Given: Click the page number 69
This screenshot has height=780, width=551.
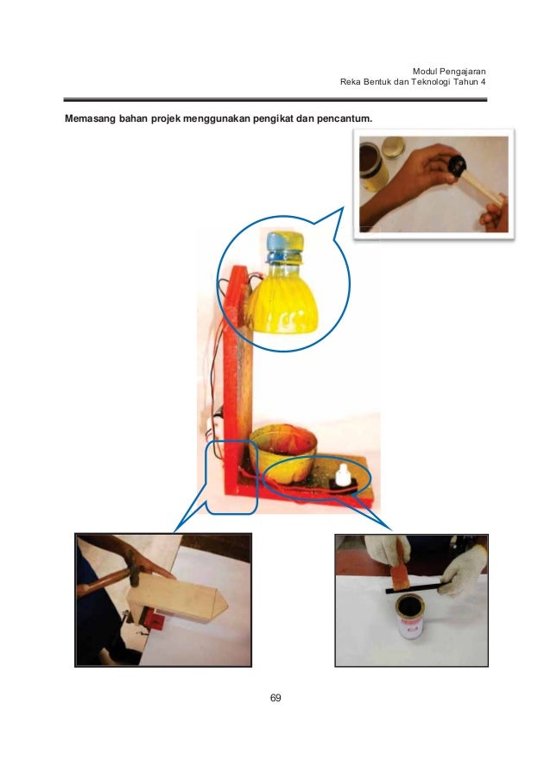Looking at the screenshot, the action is [x=275, y=698].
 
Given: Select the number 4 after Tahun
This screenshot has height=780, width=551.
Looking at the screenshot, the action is [x=483, y=82].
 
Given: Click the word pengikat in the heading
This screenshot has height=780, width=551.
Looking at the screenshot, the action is [x=274, y=119].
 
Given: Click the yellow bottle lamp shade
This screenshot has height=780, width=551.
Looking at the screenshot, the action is [x=282, y=299].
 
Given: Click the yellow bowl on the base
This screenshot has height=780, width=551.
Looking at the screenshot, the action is [x=283, y=453].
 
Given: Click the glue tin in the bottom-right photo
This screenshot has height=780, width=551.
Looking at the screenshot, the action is [x=411, y=616].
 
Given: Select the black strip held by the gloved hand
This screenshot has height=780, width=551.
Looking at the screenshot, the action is [x=419, y=587].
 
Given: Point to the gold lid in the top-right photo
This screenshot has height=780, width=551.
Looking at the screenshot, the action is [x=393, y=146].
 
